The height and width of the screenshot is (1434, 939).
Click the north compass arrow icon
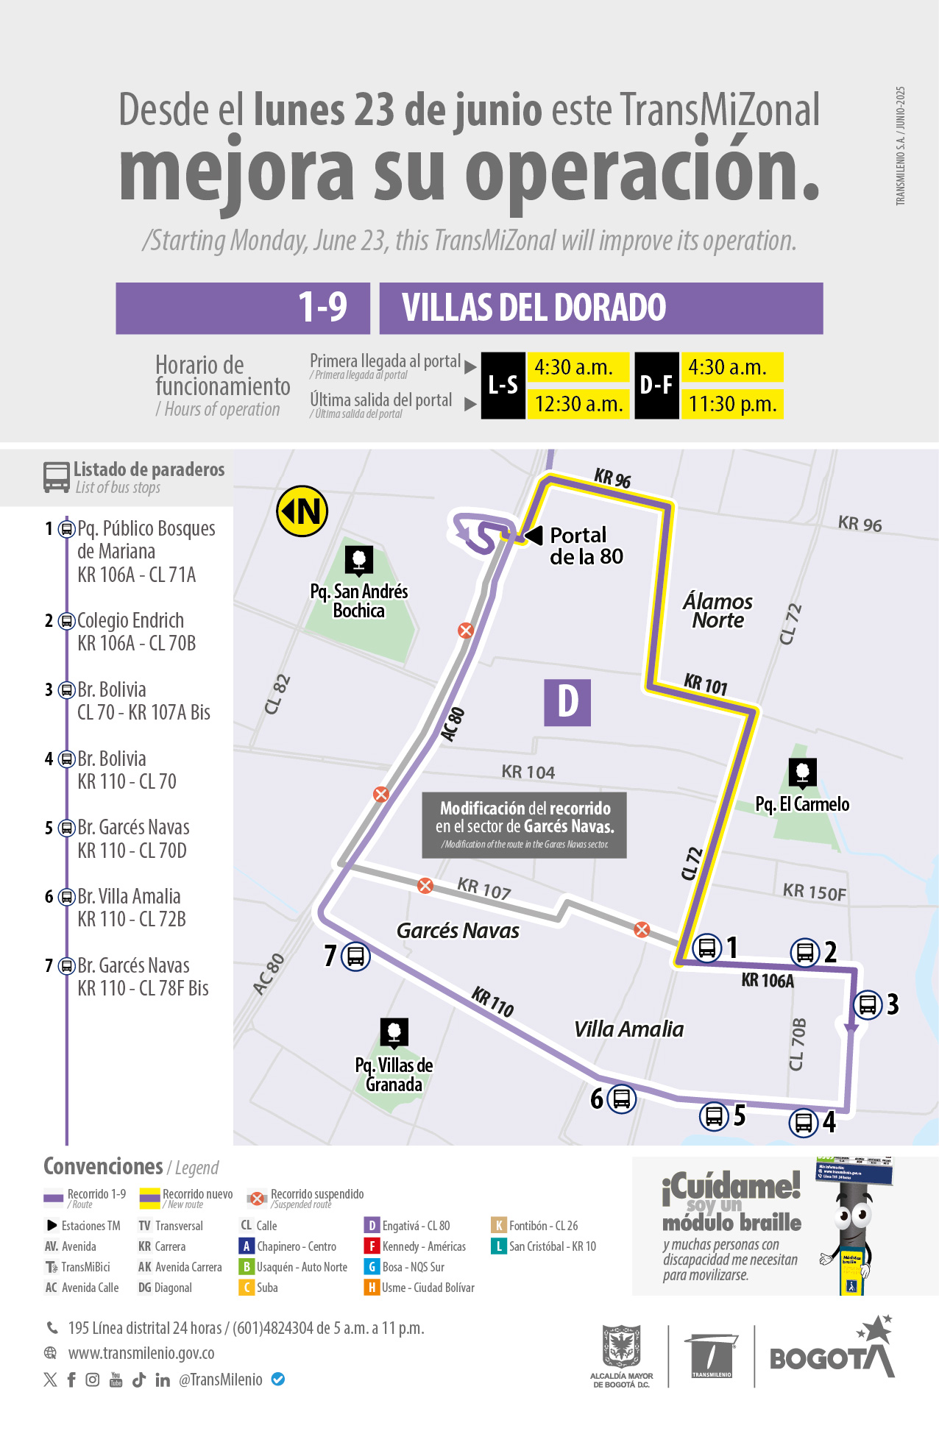[302, 511]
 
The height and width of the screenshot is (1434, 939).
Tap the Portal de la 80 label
[586, 545]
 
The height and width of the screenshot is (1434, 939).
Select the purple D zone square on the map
[567, 702]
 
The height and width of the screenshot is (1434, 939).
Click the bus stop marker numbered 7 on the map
[355, 956]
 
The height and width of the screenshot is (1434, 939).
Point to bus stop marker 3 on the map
[868, 1004]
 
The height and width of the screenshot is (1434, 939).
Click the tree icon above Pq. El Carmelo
[803, 773]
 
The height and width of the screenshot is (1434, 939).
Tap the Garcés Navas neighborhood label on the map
[458, 931]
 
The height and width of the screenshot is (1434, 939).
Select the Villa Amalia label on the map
[628, 1029]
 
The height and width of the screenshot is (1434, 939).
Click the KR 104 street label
[528, 772]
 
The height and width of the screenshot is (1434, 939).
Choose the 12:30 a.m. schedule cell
[578, 404]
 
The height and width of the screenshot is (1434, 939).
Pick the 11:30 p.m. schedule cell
[732, 404]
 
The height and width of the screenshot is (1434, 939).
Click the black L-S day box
[503, 385]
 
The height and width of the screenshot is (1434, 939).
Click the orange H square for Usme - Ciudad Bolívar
[372, 1288]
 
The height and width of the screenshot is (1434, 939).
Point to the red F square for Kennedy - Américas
[372, 1246]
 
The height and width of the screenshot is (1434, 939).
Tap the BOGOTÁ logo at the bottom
[832, 1355]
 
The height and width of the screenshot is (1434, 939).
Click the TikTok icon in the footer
[139, 1380]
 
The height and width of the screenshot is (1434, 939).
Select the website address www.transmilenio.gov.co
[141, 1353]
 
